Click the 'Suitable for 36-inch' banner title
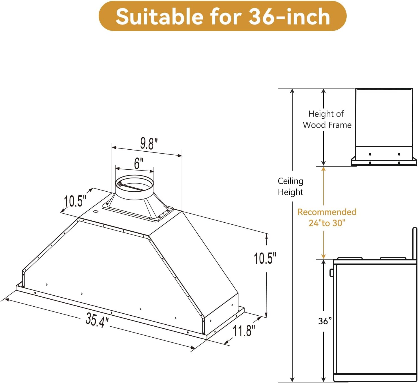pos(222,16)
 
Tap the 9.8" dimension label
pos(149,144)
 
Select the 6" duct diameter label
pos(138,163)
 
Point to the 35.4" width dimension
pos(97,320)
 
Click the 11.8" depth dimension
pos(244,330)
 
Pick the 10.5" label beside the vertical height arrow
pos(265,258)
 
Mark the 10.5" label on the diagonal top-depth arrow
pos(75,201)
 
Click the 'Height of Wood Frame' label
pos(327,119)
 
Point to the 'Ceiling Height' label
pos(290,187)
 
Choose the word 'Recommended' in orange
pos(327,212)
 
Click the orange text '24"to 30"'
pos(327,223)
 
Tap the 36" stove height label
pos(325,321)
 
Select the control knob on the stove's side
pos(332,273)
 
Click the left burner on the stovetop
pos(350,258)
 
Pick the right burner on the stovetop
pos(393,258)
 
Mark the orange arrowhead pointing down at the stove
pos(324,256)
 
